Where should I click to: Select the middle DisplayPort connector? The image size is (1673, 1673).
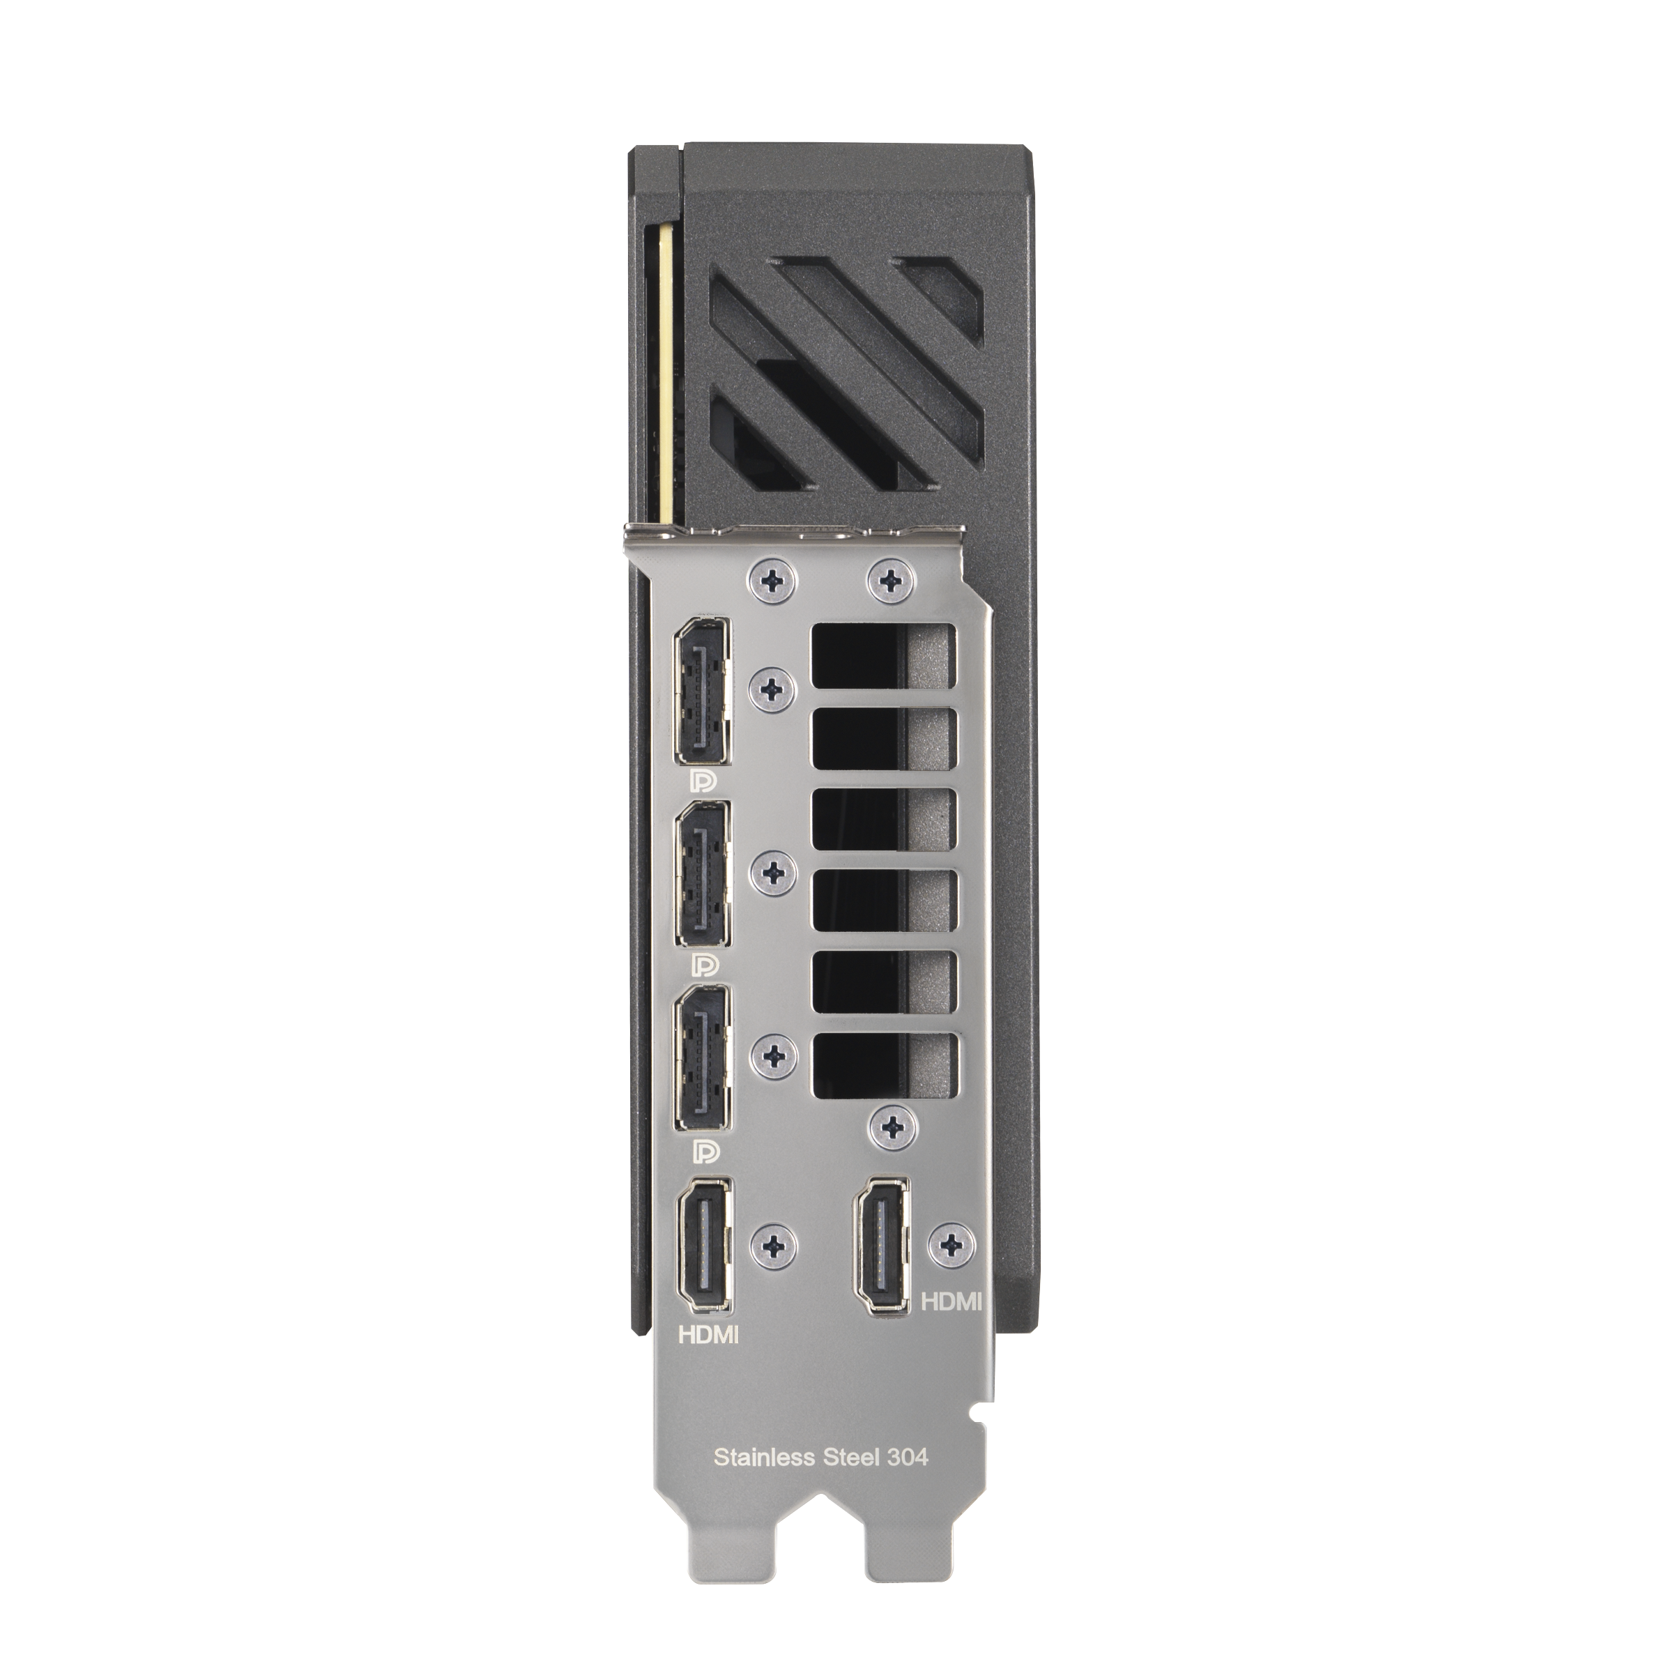tap(701, 875)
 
